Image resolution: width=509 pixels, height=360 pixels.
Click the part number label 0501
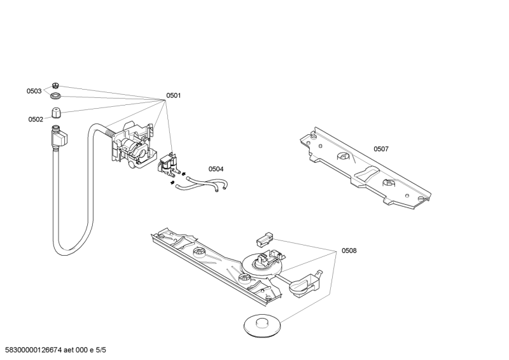point(174,95)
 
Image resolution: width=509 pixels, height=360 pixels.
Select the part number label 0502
point(36,119)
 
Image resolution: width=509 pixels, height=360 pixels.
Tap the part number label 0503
point(34,91)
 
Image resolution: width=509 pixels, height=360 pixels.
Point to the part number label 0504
point(216,169)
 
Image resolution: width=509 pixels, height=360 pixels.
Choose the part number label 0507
point(381,149)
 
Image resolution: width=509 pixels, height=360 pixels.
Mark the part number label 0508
point(349,251)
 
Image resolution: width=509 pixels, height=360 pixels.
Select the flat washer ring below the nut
point(56,96)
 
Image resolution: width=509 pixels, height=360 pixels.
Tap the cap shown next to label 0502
point(56,113)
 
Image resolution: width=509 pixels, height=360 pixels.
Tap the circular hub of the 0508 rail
point(261,262)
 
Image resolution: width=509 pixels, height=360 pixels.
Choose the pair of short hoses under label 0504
point(201,185)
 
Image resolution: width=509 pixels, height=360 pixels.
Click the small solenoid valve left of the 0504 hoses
point(167,164)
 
